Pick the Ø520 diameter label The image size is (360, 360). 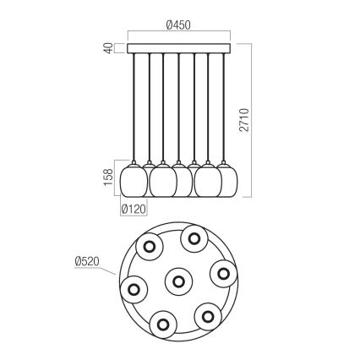pyautogui.click(x=89, y=262)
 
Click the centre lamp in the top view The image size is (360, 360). pyautogui.click(x=177, y=280)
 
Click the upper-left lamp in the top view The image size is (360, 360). pyautogui.click(x=150, y=248)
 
